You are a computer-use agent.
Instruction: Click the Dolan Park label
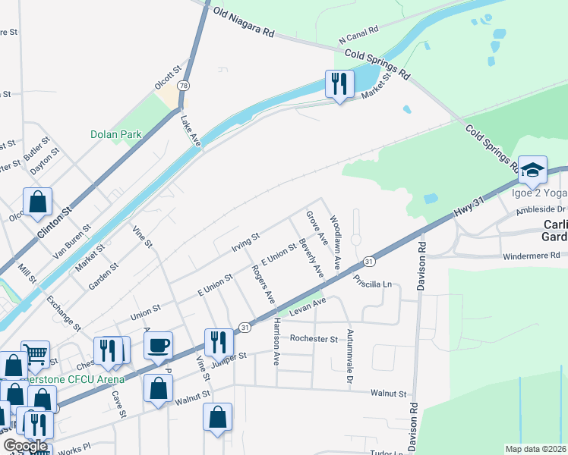[116, 134]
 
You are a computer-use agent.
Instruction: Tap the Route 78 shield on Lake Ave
[184, 86]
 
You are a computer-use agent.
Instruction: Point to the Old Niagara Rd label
[244, 24]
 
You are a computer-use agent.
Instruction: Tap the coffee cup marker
[158, 346]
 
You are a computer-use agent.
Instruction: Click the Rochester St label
[313, 339]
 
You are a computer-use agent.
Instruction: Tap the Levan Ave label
[307, 303]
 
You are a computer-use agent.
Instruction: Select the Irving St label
[245, 243]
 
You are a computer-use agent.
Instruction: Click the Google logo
[25, 446]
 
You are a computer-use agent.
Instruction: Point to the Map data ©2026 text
[536, 449]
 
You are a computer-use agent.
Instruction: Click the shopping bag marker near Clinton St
[37, 202]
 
